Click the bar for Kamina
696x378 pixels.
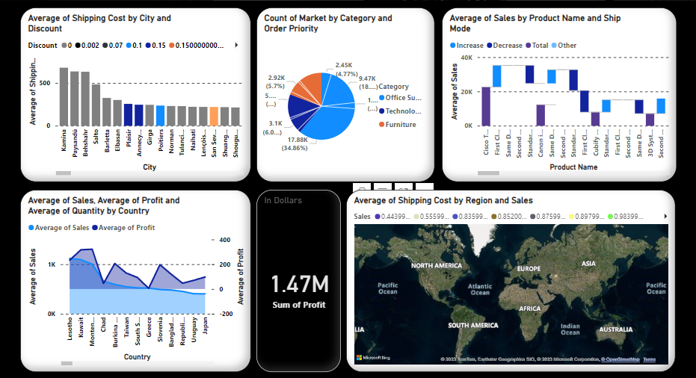64,97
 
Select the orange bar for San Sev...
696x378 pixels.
214,117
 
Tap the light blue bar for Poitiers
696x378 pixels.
160,116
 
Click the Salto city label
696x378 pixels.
96,140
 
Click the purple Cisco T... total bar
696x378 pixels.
486,106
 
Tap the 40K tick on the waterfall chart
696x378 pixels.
465,58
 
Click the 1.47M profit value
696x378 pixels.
299,284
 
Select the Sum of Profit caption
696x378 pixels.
299,304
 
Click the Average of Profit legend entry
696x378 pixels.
126,227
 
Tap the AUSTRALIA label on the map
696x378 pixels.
617,329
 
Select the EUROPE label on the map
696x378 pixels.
528,269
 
